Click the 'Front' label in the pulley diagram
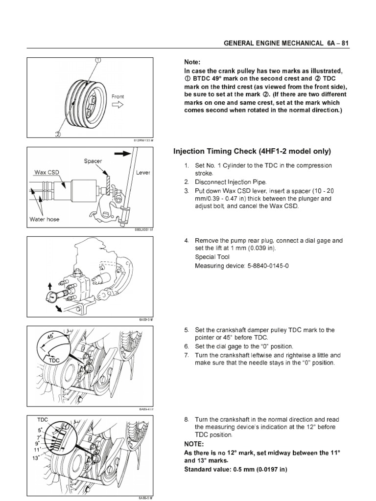coord(117,96)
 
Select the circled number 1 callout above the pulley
coord(97,61)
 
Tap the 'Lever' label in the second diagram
coord(144,173)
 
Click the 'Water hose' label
coord(45,219)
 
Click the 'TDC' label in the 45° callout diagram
coord(54,360)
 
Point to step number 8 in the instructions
coord(187,420)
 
